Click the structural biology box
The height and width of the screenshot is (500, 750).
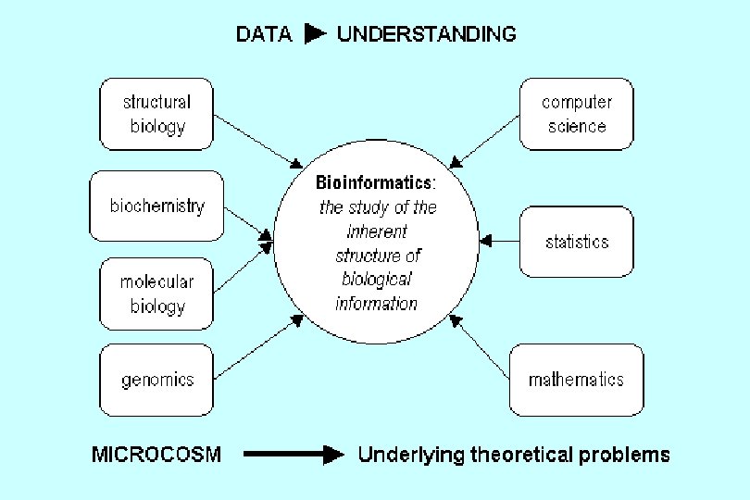click(156, 114)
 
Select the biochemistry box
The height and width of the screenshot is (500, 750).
click(156, 206)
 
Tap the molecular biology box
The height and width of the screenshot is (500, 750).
click(156, 294)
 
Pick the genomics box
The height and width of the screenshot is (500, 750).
click(156, 380)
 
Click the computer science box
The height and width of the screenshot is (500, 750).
click(576, 114)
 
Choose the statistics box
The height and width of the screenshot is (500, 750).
click(576, 242)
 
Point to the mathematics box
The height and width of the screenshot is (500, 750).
click(575, 380)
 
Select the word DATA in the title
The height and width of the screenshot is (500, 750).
click(264, 35)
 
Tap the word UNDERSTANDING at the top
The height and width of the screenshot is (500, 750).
click(427, 35)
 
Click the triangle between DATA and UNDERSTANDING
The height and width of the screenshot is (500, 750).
click(315, 35)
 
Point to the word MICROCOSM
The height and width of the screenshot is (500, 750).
click(156, 455)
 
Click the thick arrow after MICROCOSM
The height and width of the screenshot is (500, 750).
click(294, 455)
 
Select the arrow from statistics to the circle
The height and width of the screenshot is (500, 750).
click(499, 242)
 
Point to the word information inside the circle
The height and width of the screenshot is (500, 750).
click(376, 304)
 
